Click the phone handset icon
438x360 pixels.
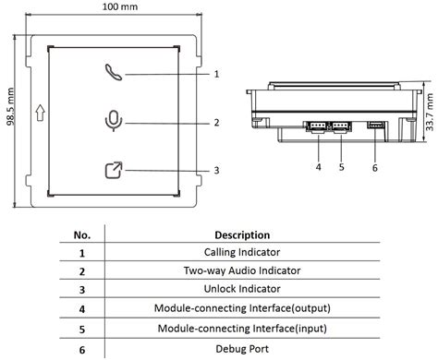click(114, 73)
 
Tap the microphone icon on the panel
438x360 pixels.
click(114, 121)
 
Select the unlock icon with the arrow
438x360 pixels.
click(114, 170)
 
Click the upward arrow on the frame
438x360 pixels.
click(40, 113)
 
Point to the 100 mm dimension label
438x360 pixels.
click(120, 6)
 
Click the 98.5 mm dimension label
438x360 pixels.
click(10, 106)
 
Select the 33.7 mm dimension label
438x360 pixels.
click(430, 112)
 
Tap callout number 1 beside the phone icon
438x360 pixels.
click(216, 74)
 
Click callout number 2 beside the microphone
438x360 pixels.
click(216, 123)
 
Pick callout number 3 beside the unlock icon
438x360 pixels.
click(216, 171)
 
